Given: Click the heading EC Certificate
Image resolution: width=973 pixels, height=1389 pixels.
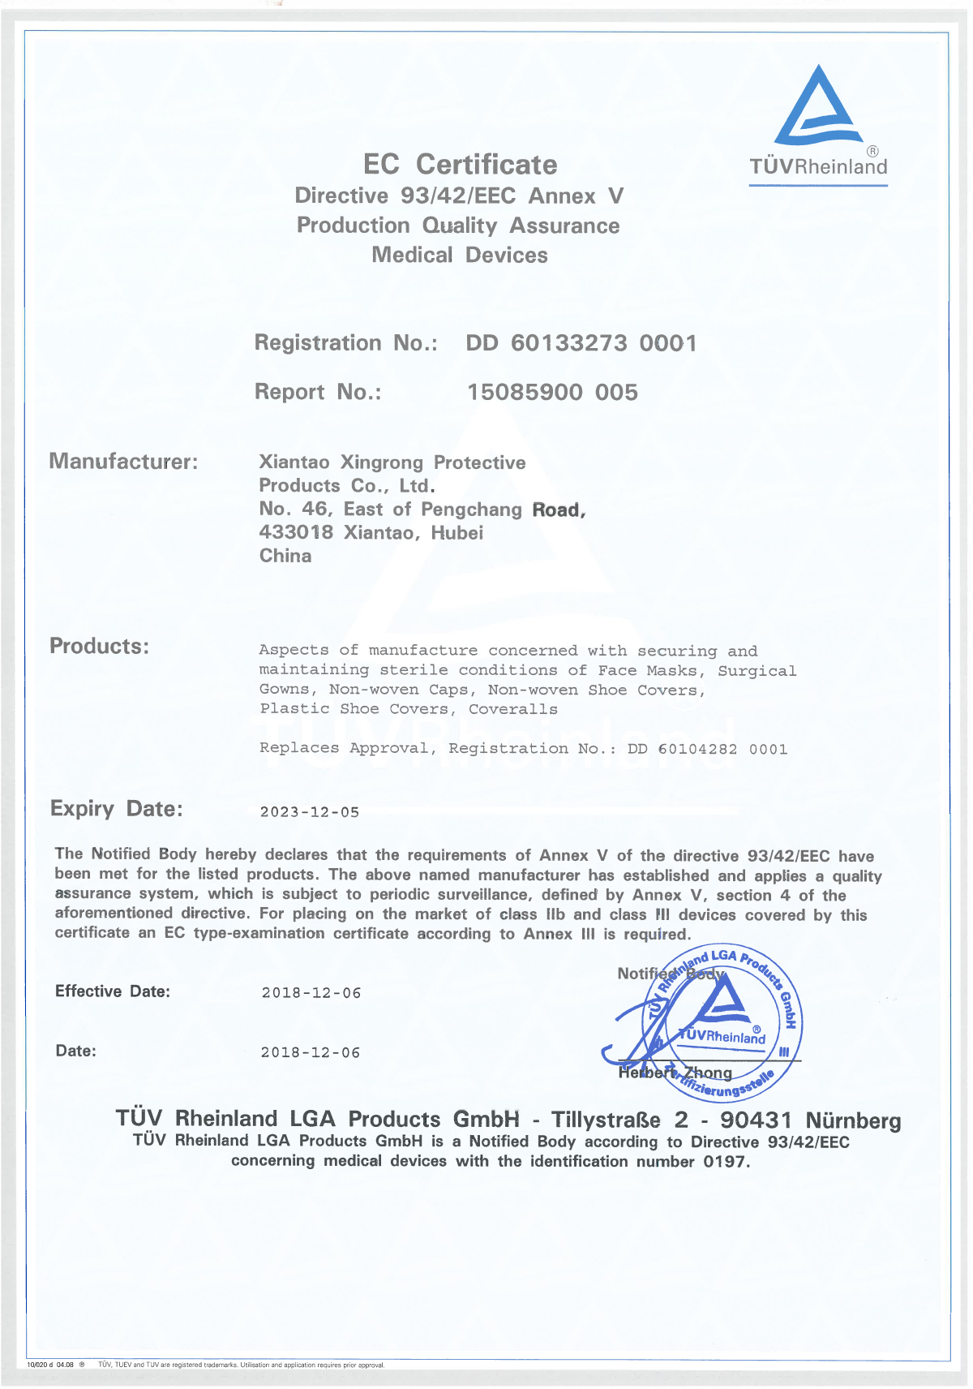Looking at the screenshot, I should [460, 165].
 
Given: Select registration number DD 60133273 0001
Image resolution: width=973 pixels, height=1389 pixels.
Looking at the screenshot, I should [581, 343].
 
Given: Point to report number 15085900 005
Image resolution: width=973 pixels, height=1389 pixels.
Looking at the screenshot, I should [552, 393].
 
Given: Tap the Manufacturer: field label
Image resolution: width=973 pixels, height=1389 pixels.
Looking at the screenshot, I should [123, 462].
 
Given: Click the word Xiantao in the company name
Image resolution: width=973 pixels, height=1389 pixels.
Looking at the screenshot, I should [294, 462].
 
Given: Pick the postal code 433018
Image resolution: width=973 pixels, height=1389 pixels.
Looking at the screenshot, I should [296, 533].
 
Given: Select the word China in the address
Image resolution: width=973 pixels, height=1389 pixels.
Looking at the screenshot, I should [285, 556].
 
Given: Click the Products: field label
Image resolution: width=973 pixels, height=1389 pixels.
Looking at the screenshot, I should [100, 647].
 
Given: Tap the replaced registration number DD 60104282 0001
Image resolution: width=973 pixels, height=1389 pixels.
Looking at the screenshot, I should [707, 749].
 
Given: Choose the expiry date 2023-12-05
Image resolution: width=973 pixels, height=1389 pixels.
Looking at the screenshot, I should [310, 812].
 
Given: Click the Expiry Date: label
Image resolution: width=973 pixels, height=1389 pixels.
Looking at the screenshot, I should [117, 809].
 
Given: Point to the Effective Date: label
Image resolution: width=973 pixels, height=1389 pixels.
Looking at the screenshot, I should [113, 991].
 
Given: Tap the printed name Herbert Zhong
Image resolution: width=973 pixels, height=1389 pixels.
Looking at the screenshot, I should [675, 1073].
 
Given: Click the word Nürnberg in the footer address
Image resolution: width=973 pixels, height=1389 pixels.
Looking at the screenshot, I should [853, 1120].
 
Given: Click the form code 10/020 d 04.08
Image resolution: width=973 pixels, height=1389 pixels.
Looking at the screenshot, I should [50, 1365].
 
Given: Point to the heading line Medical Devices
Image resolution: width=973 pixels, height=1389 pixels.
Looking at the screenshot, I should [460, 256].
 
